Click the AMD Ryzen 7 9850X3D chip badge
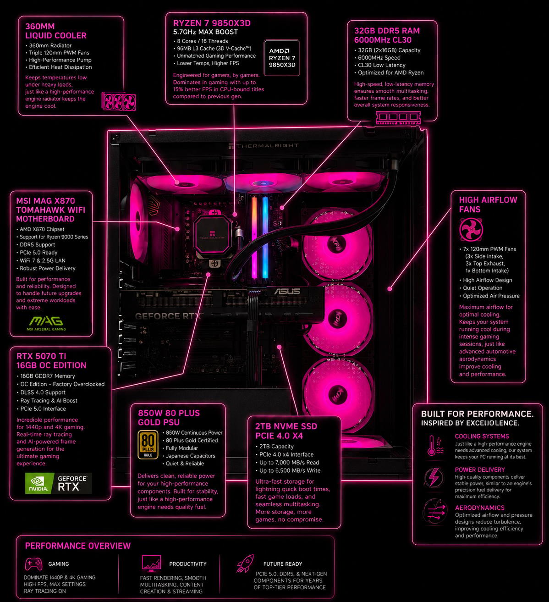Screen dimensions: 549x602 point(282,58)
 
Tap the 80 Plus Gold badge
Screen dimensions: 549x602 point(148,444)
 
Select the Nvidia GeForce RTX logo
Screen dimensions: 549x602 point(58,483)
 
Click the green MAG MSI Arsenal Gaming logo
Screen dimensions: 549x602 point(46,323)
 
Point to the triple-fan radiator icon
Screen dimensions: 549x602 point(119,101)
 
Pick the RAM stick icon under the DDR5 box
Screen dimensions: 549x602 point(398,117)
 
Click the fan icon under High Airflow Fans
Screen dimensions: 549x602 point(471,230)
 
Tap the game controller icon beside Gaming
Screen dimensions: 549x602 point(33,564)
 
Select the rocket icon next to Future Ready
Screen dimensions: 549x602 point(245,563)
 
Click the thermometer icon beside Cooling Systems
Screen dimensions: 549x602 point(435,445)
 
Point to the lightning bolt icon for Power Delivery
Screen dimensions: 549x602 point(434,477)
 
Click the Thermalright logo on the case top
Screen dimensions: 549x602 point(264,146)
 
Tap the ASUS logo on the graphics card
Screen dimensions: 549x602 point(287,291)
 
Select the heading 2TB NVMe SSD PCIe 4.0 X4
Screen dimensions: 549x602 point(286,431)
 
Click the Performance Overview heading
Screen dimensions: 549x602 point(78,546)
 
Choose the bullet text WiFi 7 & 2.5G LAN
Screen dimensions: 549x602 point(43,260)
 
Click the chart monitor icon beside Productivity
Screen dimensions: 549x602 point(152,563)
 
